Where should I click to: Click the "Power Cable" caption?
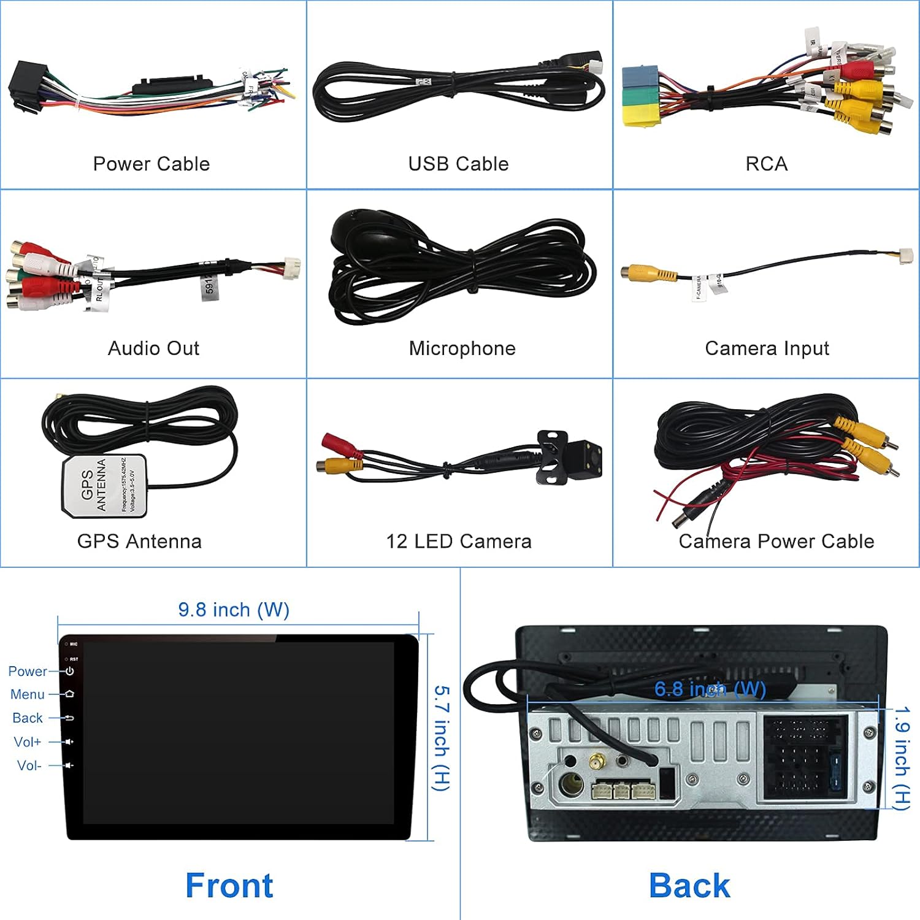(x=151, y=164)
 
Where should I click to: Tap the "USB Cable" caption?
(x=458, y=164)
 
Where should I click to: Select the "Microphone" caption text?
(x=462, y=348)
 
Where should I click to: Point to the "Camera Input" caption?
(x=767, y=348)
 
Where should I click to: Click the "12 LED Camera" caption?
(x=458, y=541)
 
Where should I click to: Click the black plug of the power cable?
(x=28, y=86)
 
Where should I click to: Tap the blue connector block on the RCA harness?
(x=640, y=77)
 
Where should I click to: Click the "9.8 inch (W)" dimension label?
(x=234, y=610)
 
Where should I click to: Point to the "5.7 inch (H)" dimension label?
(x=442, y=738)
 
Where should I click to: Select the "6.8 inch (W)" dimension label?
(x=710, y=689)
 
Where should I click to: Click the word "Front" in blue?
(x=229, y=885)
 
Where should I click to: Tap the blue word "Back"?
(x=689, y=885)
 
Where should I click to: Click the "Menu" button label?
(x=28, y=694)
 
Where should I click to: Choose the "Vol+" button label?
(x=28, y=742)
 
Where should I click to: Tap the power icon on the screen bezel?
(x=70, y=671)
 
